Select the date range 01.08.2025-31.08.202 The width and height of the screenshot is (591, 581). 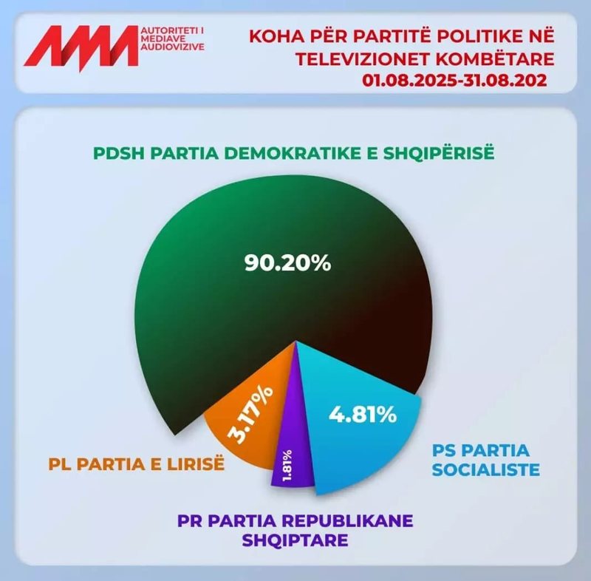click(x=455, y=79)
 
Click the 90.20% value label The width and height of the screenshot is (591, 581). click(x=287, y=262)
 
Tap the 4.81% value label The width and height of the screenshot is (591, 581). click(x=362, y=415)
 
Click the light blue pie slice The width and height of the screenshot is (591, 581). click(x=369, y=444)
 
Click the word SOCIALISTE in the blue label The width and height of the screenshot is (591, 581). click(x=486, y=470)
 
